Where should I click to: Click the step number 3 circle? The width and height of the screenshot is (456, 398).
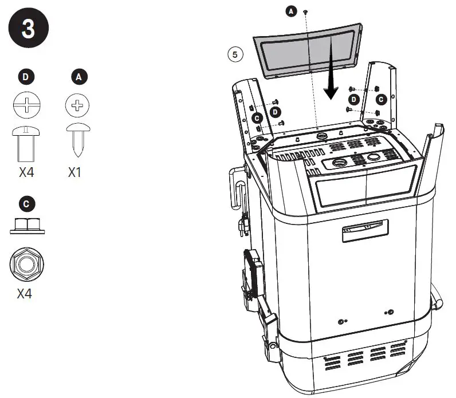(x=28, y=29)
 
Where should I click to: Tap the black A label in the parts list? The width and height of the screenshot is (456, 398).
(x=76, y=75)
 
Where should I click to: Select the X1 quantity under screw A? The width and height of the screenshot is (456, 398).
(x=76, y=172)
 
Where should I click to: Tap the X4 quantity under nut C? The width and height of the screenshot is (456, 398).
(x=24, y=295)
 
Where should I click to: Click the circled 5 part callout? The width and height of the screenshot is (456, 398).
(x=235, y=54)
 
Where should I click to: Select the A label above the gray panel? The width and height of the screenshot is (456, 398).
(x=292, y=11)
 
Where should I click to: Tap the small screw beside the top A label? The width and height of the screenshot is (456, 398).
(x=306, y=11)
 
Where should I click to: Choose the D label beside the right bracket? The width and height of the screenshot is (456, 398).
(x=355, y=99)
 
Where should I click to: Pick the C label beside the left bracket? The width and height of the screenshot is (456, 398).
(x=257, y=117)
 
